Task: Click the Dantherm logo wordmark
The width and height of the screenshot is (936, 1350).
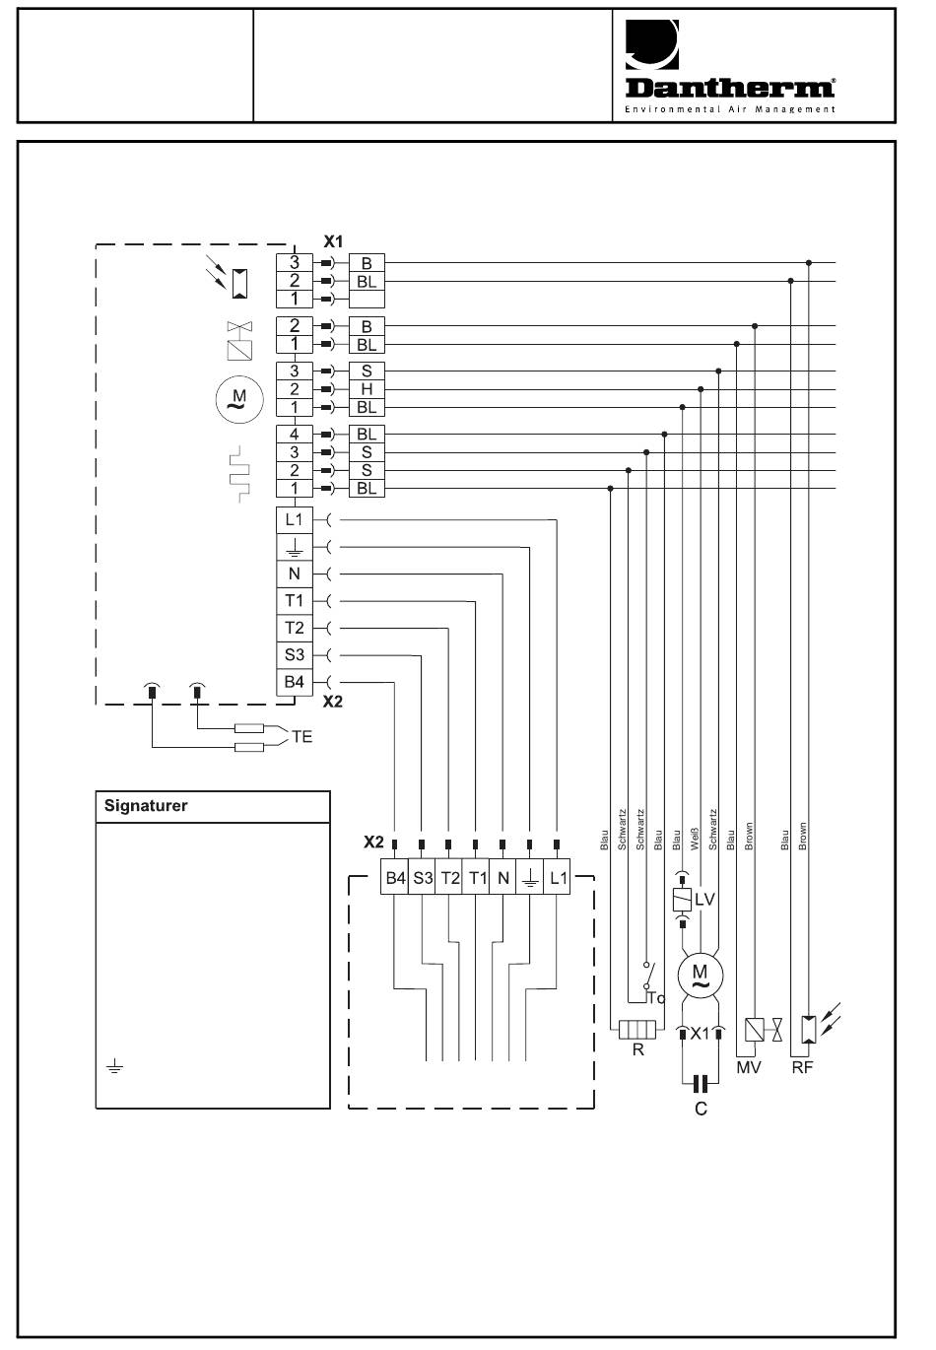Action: pyautogui.click(x=730, y=88)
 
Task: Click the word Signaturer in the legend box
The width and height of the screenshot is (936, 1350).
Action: pyautogui.click(x=146, y=806)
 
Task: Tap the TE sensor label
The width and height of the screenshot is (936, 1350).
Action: pyautogui.click(x=301, y=736)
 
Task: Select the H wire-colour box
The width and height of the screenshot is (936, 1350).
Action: pyautogui.click(x=367, y=389)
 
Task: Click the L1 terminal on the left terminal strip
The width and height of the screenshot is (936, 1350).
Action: pyautogui.click(x=295, y=519)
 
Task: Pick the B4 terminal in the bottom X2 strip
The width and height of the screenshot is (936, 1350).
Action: pyautogui.click(x=395, y=878)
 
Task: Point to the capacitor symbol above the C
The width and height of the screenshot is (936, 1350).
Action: pyautogui.click(x=701, y=1084)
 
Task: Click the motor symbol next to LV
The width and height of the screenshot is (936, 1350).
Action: pyautogui.click(x=700, y=975)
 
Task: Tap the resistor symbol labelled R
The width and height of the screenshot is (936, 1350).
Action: pyautogui.click(x=637, y=1030)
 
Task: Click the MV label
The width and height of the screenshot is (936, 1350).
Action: pyautogui.click(x=749, y=1068)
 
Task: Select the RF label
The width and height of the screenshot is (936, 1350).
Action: pyautogui.click(x=802, y=1068)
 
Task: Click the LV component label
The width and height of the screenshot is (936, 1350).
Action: pyautogui.click(x=704, y=900)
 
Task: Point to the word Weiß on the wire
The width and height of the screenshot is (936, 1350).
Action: pyautogui.click(x=695, y=839)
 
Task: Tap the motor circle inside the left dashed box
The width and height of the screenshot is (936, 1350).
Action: pyautogui.click(x=239, y=399)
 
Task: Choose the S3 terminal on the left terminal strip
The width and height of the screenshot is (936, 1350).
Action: pyautogui.click(x=295, y=655)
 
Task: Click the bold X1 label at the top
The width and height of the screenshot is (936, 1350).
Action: pyautogui.click(x=333, y=241)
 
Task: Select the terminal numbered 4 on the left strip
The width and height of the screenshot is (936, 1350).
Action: pyautogui.click(x=295, y=434)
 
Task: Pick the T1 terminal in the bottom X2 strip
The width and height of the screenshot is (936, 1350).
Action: pyautogui.click(x=477, y=878)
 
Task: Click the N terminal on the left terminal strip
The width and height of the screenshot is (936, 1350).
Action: pyautogui.click(x=295, y=574)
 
